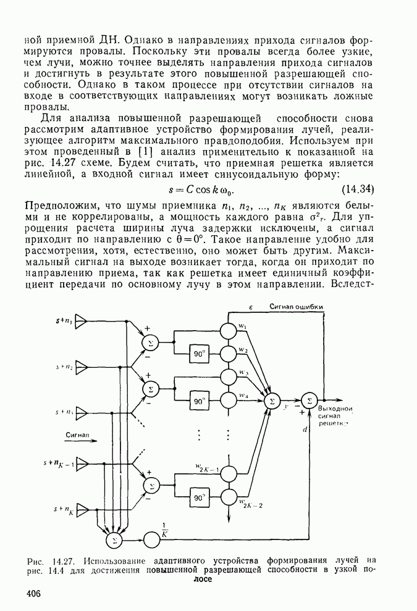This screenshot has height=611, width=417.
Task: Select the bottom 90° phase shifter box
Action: click(x=199, y=497)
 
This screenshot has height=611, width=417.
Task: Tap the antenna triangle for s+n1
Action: click(x=83, y=321)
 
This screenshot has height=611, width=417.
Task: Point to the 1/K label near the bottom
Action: click(x=165, y=530)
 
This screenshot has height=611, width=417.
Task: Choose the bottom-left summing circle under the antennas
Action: click(x=113, y=540)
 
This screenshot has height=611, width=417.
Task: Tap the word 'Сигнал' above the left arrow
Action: click(x=78, y=434)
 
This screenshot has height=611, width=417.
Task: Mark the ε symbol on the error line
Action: click(x=243, y=307)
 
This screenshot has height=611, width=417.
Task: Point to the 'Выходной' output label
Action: click(x=335, y=409)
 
